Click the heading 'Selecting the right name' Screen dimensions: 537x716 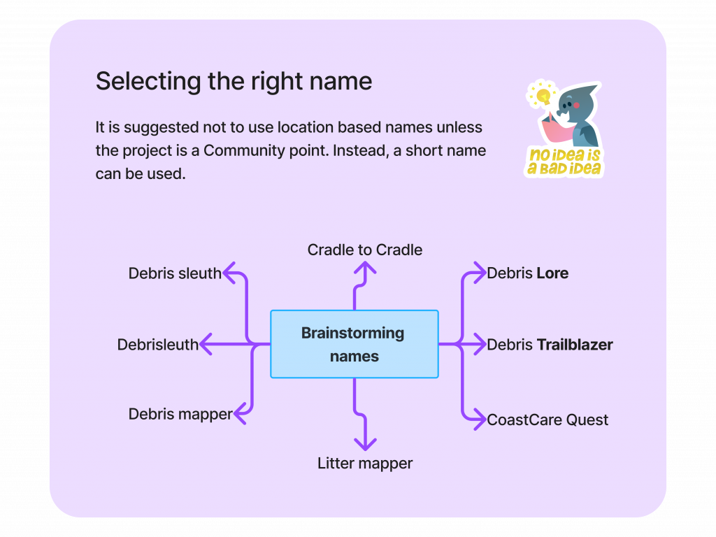point(234,81)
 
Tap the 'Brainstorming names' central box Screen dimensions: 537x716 point(354,344)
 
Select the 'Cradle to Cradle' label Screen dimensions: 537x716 point(365,250)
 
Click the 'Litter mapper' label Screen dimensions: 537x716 point(365,463)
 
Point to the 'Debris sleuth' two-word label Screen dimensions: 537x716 point(175,273)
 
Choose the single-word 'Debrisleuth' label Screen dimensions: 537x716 point(158,344)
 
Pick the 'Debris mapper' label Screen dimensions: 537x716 point(180,414)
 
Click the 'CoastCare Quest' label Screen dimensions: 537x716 point(547,420)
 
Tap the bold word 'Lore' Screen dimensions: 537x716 point(552,273)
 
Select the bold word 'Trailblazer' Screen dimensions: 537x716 point(575,344)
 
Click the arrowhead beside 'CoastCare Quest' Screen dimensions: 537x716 point(479,420)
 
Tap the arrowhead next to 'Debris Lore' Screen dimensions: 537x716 point(479,273)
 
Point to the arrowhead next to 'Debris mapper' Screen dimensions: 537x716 point(240,414)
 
